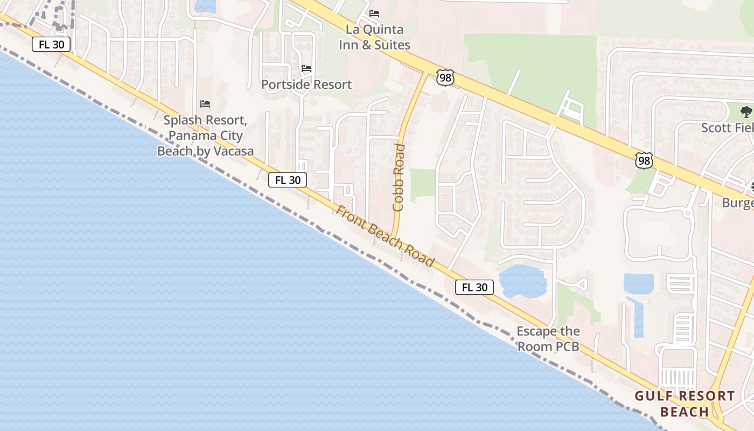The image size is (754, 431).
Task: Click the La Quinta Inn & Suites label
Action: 374,37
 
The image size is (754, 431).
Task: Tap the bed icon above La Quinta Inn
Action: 374,13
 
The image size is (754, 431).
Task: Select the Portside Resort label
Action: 306,85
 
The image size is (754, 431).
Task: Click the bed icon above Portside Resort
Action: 306,68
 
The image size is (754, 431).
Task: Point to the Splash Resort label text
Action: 205,135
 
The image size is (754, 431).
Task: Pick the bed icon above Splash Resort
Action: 205,103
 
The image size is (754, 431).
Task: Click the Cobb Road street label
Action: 399,177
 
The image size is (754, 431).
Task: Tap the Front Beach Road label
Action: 385,236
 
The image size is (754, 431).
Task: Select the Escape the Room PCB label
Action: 548,339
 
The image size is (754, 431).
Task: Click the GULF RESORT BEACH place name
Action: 685,404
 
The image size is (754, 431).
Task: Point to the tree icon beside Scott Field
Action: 746,112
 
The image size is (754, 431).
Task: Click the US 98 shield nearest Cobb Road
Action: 445,78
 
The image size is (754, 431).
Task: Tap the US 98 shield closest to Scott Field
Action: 644,161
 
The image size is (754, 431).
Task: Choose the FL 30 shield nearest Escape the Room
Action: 474,287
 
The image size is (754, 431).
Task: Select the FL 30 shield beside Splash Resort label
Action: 288,180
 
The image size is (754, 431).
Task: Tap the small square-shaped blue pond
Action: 639,283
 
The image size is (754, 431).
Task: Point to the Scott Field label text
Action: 727,128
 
